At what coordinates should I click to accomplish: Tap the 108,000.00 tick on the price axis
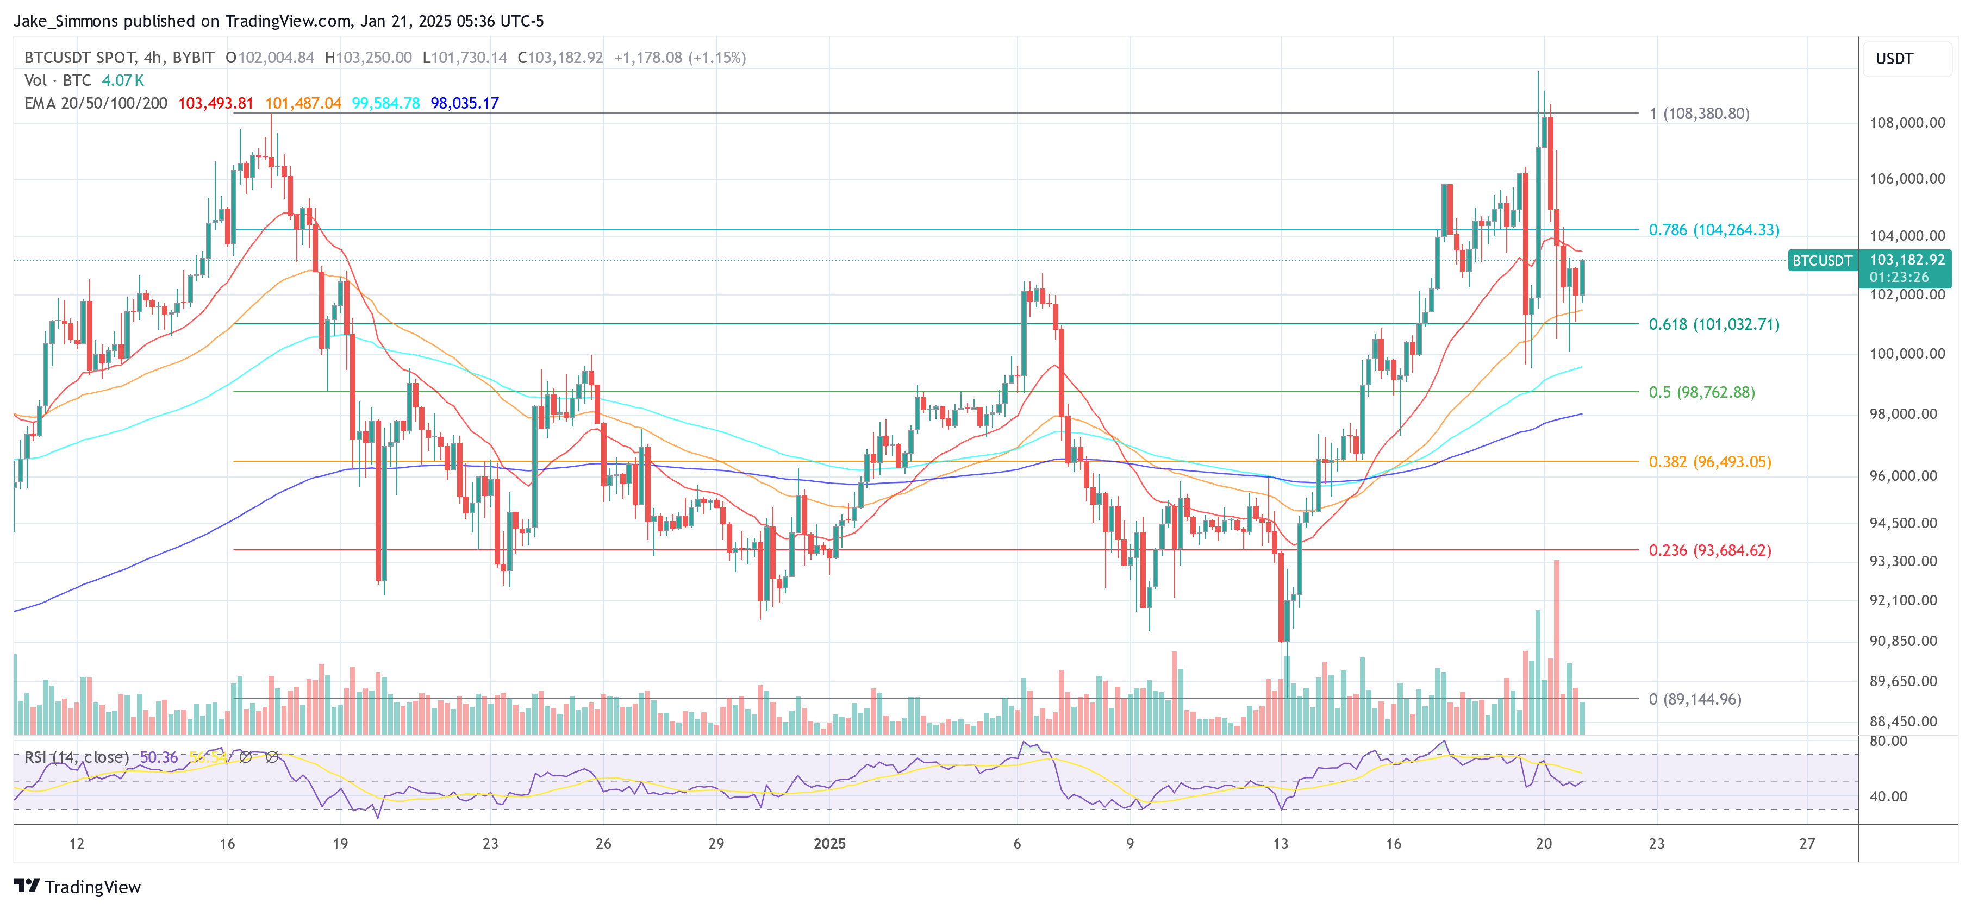(1907, 122)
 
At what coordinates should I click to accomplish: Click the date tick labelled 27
(1807, 843)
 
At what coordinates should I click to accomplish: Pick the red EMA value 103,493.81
(215, 103)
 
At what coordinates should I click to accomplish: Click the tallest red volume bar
(1556, 647)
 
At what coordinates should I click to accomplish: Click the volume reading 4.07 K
(122, 80)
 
